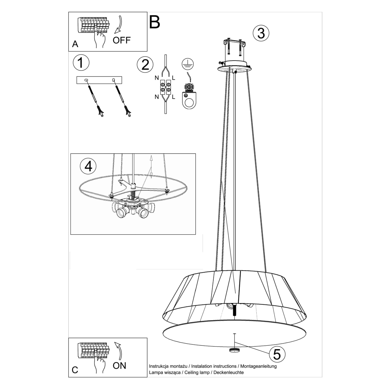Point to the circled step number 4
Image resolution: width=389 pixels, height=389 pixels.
pos(88,166)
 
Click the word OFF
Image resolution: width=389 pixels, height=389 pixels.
pos(122,40)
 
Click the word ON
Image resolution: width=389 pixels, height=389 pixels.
pos(119,365)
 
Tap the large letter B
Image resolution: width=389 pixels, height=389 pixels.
pos(155,22)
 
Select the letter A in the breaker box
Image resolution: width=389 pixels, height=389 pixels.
pos(75,44)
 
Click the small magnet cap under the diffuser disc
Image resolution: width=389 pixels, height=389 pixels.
pos(233,350)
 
